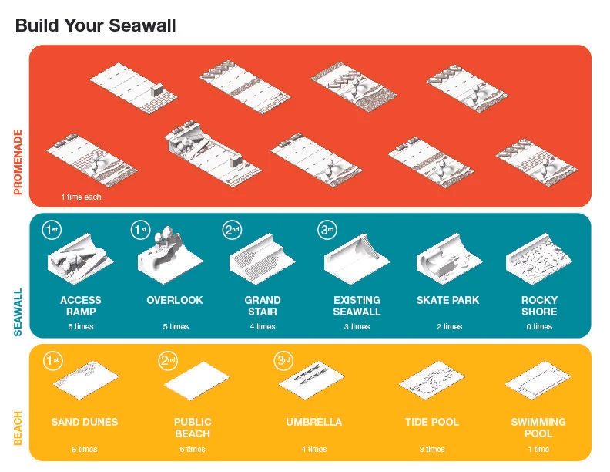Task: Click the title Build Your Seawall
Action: click(x=96, y=25)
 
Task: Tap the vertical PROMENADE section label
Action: click(x=18, y=162)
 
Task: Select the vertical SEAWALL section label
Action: click(x=18, y=312)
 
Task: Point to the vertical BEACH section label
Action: click(x=18, y=428)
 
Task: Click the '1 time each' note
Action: click(x=81, y=197)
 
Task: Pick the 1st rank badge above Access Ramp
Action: click(x=52, y=230)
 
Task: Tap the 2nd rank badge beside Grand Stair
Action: click(x=232, y=230)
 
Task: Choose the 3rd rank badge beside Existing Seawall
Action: click(x=327, y=230)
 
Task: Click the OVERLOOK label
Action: click(x=175, y=300)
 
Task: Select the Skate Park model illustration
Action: click(x=449, y=258)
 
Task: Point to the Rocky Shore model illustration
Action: click(x=539, y=258)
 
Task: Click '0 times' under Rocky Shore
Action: click(x=539, y=327)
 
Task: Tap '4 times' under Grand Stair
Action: click(x=263, y=327)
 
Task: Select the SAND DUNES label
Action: click(x=85, y=422)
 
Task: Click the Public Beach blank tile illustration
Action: click(x=196, y=381)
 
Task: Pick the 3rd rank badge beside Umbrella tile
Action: click(x=283, y=361)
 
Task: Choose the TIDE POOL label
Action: click(x=432, y=422)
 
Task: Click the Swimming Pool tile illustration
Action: click(x=538, y=380)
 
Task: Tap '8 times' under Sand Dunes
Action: click(x=85, y=449)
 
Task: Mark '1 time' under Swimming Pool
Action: click(x=538, y=449)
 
